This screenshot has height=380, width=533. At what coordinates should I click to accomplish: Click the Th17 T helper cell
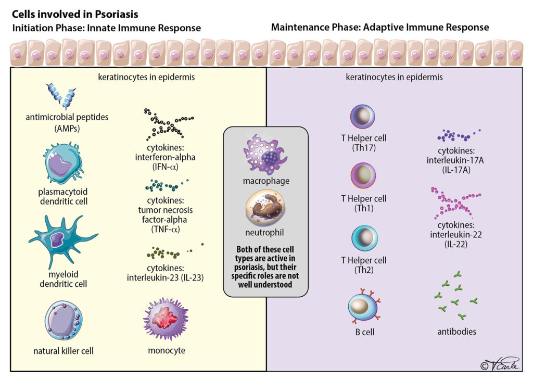click(x=362, y=117)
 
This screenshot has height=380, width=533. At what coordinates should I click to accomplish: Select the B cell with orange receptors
click(x=362, y=306)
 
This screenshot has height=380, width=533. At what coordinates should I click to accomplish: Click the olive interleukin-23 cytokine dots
click(x=167, y=254)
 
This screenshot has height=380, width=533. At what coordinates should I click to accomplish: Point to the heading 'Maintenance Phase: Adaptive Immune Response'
click(x=380, y=27)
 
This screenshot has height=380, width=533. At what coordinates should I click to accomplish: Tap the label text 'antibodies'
click(x=457, y=331)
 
